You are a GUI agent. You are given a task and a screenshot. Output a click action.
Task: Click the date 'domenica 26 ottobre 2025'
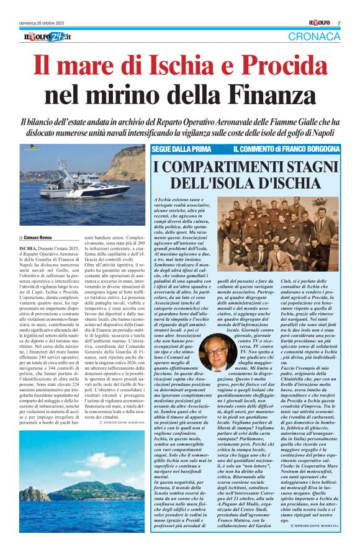43,23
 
